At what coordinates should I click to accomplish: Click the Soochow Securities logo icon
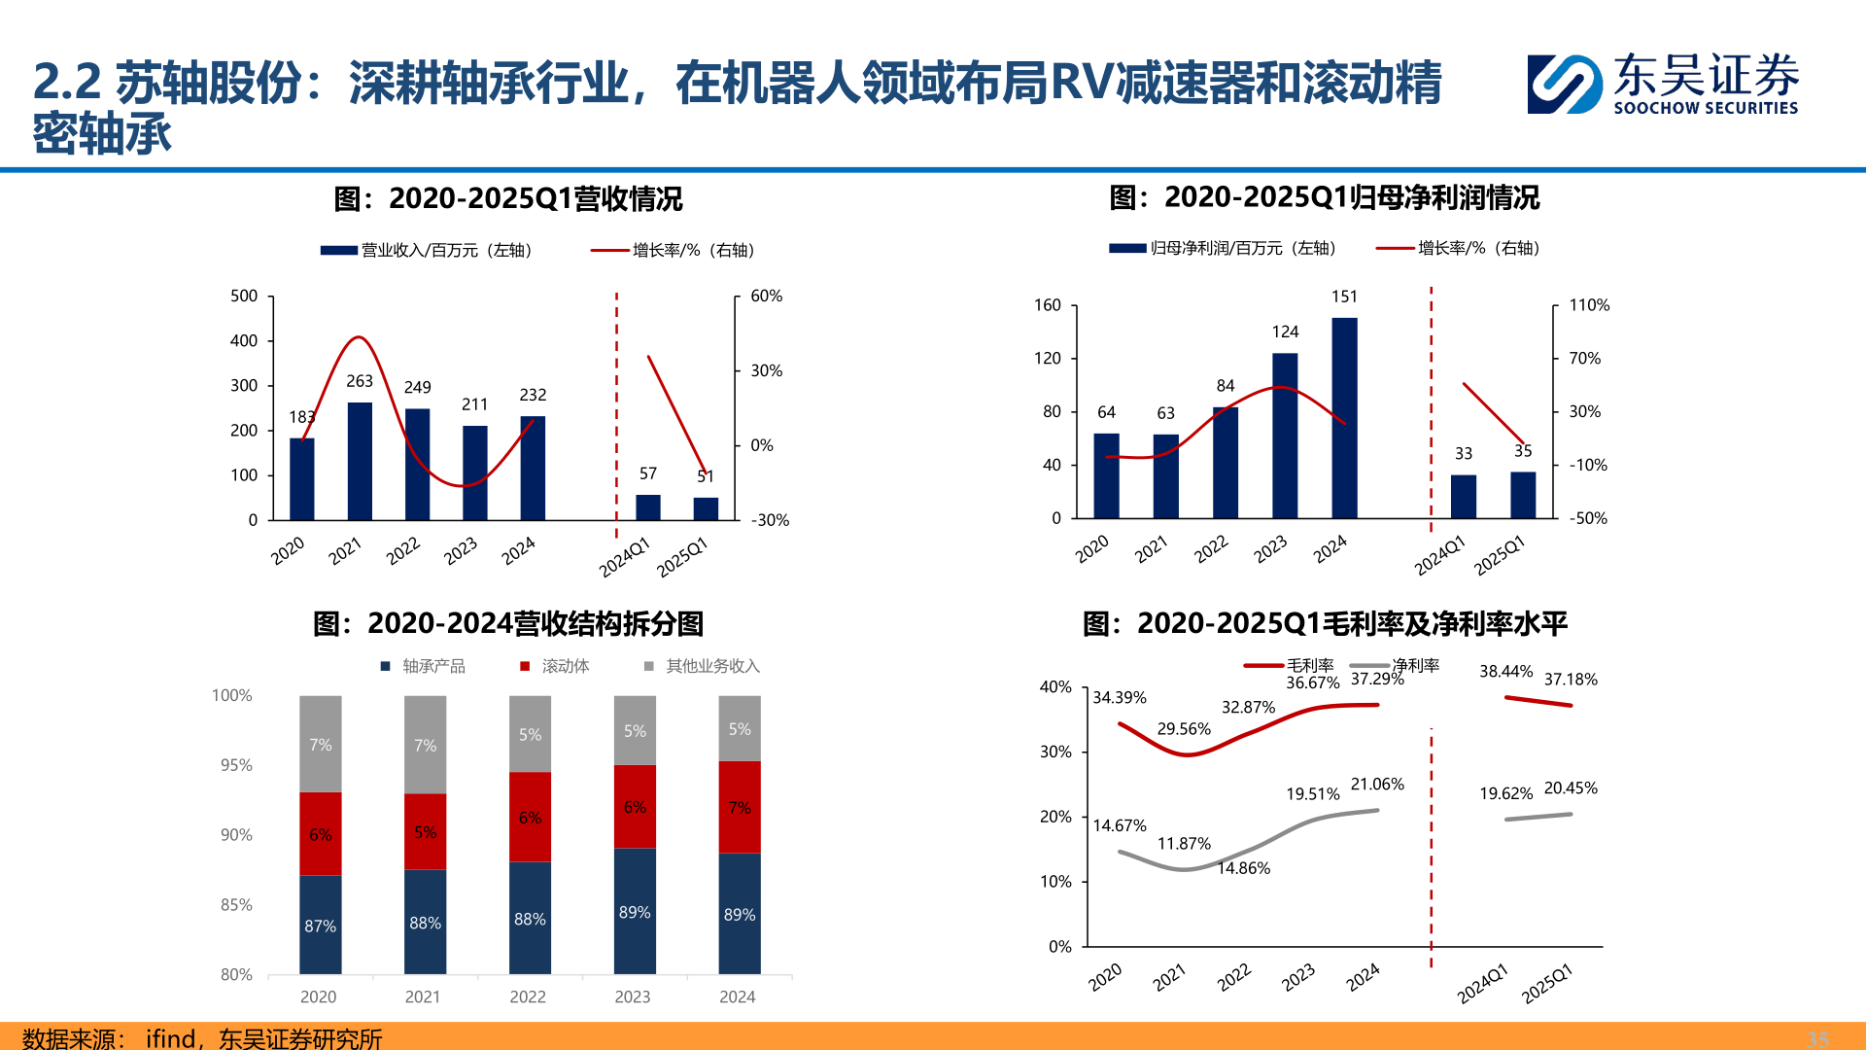coord(1564,85)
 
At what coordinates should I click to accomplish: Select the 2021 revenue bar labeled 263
coord(360,461)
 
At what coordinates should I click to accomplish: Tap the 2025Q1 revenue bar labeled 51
coord(706,508)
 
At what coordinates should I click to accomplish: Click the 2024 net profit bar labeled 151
coord(1344,418)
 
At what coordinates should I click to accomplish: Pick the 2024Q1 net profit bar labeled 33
coord(1463,496)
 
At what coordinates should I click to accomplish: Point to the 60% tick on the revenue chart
coord(766,297)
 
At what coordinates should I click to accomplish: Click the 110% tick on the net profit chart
coord(1589,305)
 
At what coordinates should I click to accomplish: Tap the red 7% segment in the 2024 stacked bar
coord(739,807)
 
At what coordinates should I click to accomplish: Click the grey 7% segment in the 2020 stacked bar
coord(320,745)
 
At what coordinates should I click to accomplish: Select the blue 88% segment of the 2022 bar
coord(530,918)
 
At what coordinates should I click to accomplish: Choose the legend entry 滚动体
coord(565,666)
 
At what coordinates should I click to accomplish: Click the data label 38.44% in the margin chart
coord(1505,672)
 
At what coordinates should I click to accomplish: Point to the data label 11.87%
coord(1183,844)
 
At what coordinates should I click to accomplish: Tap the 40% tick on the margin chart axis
coord(1055,687)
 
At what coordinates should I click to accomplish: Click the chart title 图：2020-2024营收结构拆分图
coord(507,624)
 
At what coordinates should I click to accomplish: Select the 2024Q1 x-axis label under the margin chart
coord(1482,984)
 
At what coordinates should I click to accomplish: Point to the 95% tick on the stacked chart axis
coord(236,765)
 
